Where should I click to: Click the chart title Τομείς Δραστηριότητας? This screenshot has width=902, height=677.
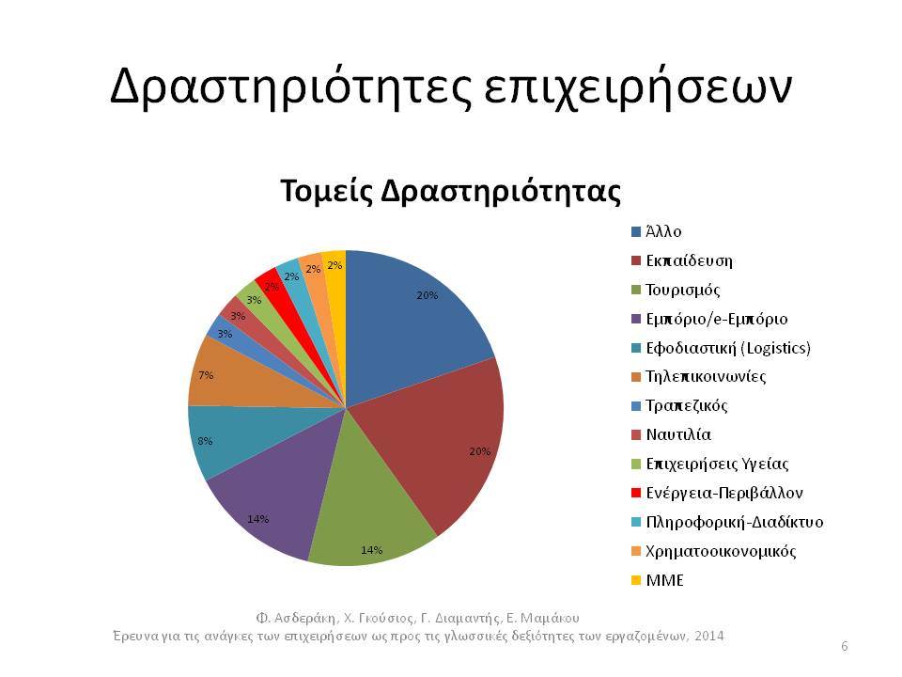tap(450, 191)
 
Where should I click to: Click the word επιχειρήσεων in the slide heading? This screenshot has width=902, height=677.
tap(637, 87)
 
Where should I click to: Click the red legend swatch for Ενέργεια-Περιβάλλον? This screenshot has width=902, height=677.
tap(636, 493)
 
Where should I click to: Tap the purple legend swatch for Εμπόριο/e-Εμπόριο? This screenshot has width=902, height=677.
tap(636, 319)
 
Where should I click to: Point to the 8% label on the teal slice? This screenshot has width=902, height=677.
tap(206, 442)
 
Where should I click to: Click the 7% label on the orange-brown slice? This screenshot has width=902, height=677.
tap(206, 375)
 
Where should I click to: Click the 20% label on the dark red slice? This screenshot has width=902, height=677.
tap(480, 452)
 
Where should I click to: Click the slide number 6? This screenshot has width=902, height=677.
tap(845, 647)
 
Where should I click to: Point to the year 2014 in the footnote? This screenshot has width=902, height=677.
tap(709, 637)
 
